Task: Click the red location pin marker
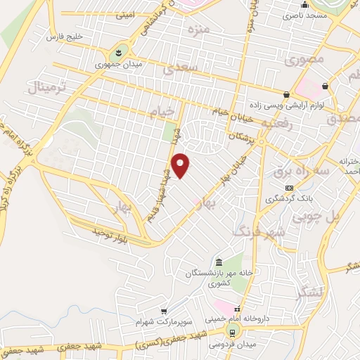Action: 181,165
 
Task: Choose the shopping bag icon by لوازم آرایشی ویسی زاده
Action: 287,94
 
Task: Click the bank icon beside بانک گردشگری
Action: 290,188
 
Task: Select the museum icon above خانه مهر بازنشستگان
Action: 221,262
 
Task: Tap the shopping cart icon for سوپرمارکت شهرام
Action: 164,311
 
